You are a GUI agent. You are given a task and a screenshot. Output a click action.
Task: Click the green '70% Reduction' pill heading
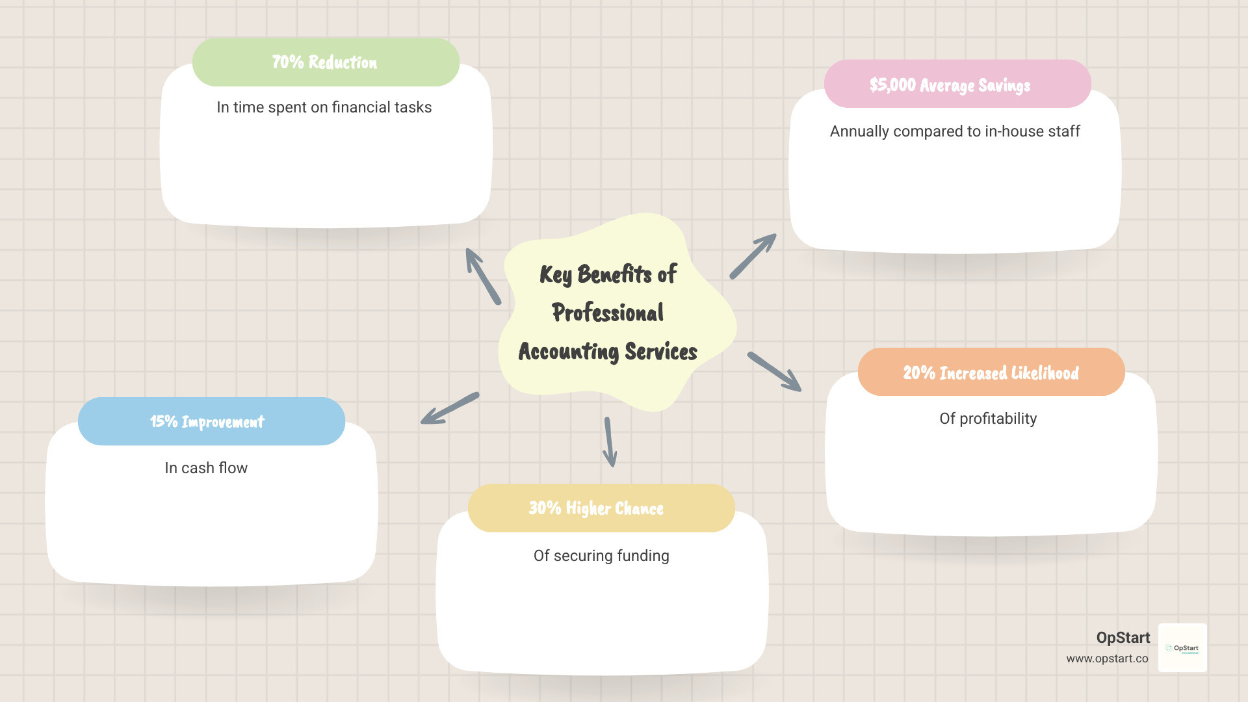click(325, 62)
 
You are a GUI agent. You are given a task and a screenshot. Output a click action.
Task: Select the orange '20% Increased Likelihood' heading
click(991, 372)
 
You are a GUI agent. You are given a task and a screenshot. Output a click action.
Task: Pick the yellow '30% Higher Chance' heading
click(596, 508)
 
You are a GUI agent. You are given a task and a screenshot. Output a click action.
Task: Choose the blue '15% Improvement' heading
click(207, 422)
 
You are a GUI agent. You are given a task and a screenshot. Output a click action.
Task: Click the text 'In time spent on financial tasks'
click(324, 107)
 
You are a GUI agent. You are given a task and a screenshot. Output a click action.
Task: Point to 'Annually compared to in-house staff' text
click(955, 131)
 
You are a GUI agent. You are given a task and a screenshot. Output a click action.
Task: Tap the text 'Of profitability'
click(988, 419)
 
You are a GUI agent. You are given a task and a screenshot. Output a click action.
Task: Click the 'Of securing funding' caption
click(601, 556)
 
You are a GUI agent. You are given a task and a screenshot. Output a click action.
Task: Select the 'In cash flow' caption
click(206, 468)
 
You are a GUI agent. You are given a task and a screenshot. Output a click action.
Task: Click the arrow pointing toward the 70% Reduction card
click(483, 276)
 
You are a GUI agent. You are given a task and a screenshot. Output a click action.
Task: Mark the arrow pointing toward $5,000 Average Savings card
click(753, 257)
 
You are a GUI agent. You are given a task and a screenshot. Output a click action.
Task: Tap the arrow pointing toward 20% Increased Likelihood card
click(774, 372)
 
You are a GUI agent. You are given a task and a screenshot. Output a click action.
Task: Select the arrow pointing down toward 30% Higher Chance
click(610, 442)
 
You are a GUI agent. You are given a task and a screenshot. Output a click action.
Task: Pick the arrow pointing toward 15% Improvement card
click(450, 408)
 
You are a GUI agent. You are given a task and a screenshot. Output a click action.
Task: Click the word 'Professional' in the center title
click(608, 313)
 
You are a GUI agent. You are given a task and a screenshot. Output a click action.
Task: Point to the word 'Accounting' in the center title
click(568, 352)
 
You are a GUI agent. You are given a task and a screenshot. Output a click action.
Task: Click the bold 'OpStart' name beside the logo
click(1123, 638)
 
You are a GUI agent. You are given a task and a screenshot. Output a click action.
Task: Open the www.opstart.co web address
click(1107, 658)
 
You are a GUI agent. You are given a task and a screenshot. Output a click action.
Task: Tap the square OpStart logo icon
click(1182, 648)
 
